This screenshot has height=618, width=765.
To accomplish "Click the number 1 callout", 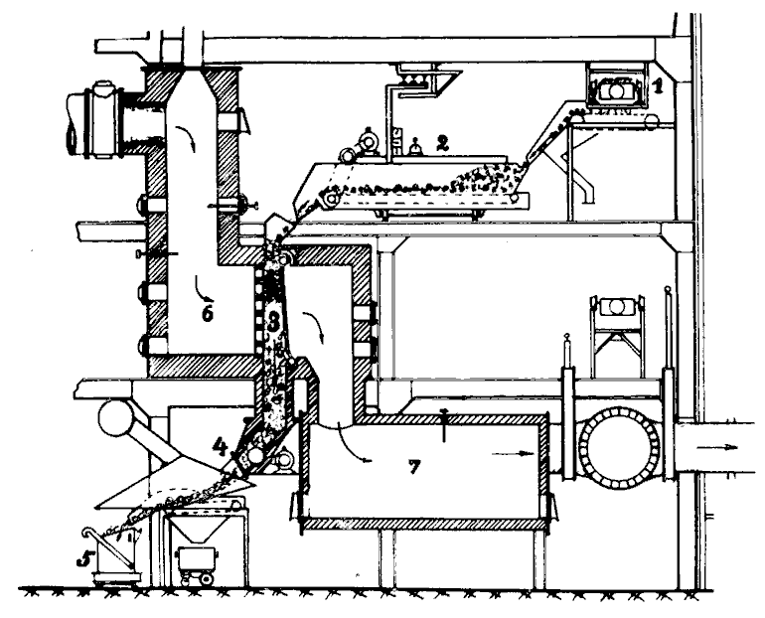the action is click(x=658, y=86).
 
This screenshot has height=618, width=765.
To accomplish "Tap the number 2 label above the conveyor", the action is click(x=442, y=142).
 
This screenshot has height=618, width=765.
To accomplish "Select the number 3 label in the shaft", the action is click(x=273, y=322).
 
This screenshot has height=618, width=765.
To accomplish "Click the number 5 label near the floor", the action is click(x=84, y=559).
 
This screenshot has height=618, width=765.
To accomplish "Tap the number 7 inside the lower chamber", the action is click(x=413, y=467).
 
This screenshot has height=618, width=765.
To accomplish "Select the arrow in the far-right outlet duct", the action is click(x=716, y=447).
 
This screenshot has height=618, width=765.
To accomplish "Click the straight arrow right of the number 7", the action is click(x=513, y=454).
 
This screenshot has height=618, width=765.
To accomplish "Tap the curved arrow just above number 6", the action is click(x=204, y=289).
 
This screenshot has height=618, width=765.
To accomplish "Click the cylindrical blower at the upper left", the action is click(x=96, y=120).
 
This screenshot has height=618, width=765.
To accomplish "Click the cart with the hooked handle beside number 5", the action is click(x=111, y=556).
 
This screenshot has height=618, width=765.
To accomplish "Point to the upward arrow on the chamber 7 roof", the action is click(x=444, y=425).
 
